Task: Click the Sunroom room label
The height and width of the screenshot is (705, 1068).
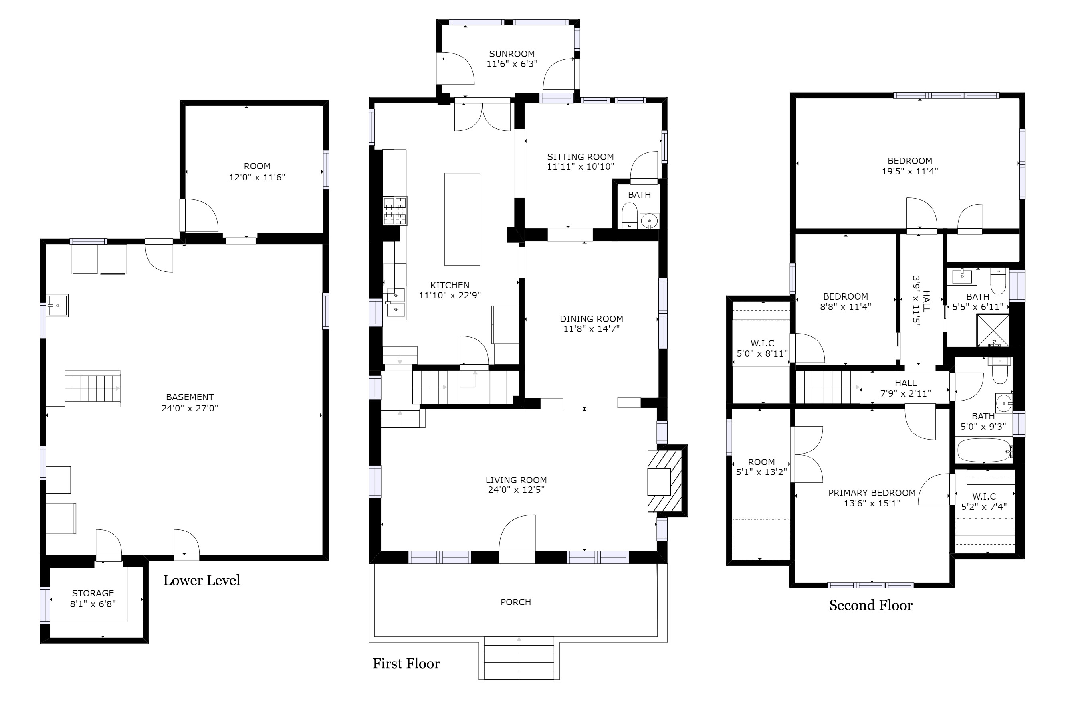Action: click(512, 54)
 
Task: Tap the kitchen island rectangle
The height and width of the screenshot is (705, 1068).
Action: click(462, 219)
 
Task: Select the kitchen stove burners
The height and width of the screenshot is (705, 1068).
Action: click(395, 211)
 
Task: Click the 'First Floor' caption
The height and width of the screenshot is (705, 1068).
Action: click(406, 664)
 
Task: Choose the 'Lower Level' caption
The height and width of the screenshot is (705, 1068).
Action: click(202, 580)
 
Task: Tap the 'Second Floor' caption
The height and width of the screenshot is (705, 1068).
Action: click(871, 605)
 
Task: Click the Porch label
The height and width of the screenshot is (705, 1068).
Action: click(515, 602)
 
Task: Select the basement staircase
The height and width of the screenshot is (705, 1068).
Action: click(93, 389)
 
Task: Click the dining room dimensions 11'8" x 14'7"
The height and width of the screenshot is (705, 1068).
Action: click(592, 329)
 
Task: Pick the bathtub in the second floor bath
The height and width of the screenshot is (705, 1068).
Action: click(984, 450)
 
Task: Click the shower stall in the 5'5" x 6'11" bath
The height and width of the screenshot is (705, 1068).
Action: click(993, 330)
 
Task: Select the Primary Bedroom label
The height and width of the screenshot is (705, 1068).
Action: click(872, 493)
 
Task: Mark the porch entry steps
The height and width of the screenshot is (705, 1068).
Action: click(519, 658)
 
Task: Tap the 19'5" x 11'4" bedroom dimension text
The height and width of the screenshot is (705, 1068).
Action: click(909, 171)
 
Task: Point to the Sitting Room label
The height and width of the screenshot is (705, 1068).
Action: click(581, 157)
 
